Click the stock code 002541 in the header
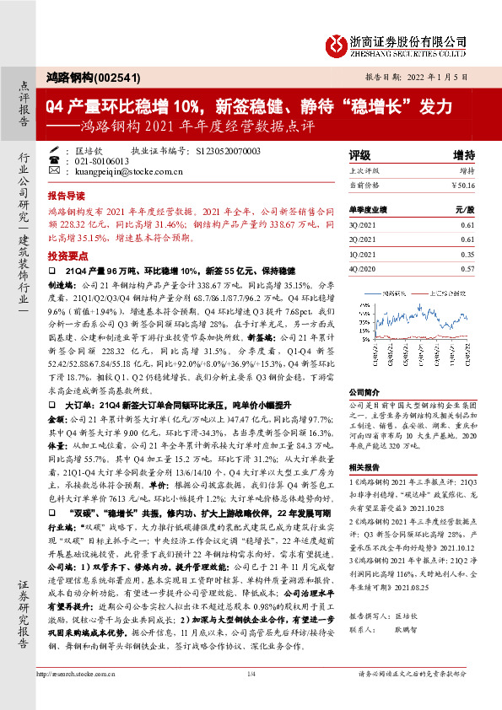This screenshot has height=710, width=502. [106, 76]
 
